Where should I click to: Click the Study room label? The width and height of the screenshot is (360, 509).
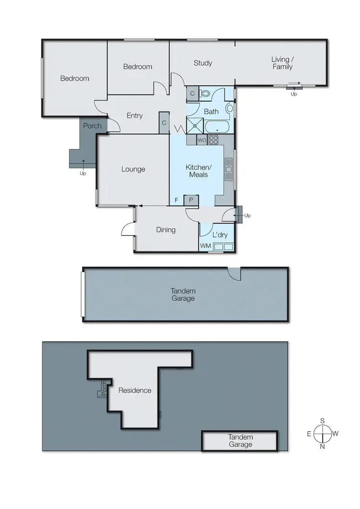(203, 63)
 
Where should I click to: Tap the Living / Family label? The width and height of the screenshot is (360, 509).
(282, 63)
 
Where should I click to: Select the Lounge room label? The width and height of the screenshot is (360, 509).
(133, 169)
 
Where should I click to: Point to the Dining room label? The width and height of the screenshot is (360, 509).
(166, 230)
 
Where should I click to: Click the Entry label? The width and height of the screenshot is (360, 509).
(134, 115)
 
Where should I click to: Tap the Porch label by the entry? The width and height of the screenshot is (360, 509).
(92, 126)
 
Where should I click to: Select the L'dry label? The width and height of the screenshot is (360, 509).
(220, 235)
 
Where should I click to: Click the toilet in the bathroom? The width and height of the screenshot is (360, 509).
(205, 94)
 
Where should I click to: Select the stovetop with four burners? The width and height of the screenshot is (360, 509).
(213, 140)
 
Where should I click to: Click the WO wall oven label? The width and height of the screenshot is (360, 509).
(201, 141)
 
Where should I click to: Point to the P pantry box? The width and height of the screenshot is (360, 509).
(191, 200)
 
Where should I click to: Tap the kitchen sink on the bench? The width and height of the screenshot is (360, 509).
(229, 169)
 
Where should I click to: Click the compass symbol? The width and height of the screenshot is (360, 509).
(323, 433)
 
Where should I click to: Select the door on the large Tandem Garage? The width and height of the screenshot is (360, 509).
(234, 273)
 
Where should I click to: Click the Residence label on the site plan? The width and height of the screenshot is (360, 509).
(135, 391)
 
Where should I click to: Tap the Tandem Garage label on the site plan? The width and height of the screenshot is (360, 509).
(240, 441)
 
